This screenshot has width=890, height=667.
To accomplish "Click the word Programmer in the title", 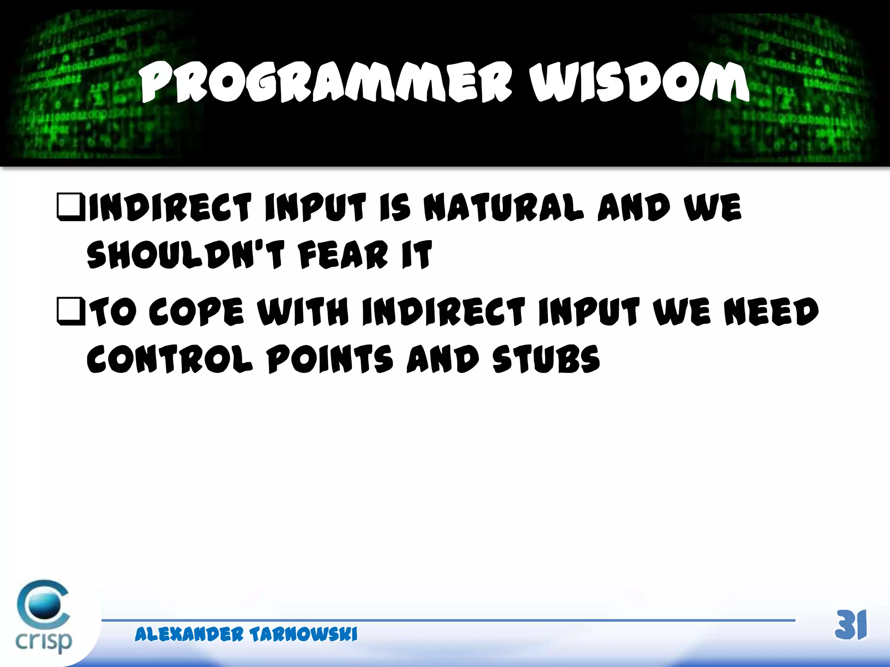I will click(326, 83).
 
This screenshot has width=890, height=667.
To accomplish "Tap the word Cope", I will click(196, 311).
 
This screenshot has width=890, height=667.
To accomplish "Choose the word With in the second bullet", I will click(303, 311).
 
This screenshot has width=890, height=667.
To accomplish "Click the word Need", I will click(771, 311).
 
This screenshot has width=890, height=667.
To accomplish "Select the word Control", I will click(169, 359).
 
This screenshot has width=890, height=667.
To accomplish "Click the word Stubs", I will click(546, 359).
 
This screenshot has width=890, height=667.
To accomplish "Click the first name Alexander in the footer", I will click(189, 634).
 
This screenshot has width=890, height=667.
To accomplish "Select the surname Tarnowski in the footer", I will click(303, 634).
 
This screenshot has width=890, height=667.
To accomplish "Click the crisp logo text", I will click(43, 641).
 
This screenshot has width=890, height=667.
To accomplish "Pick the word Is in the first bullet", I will click(395, 208).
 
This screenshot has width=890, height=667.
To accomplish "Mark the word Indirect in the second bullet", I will click(443, 311).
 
